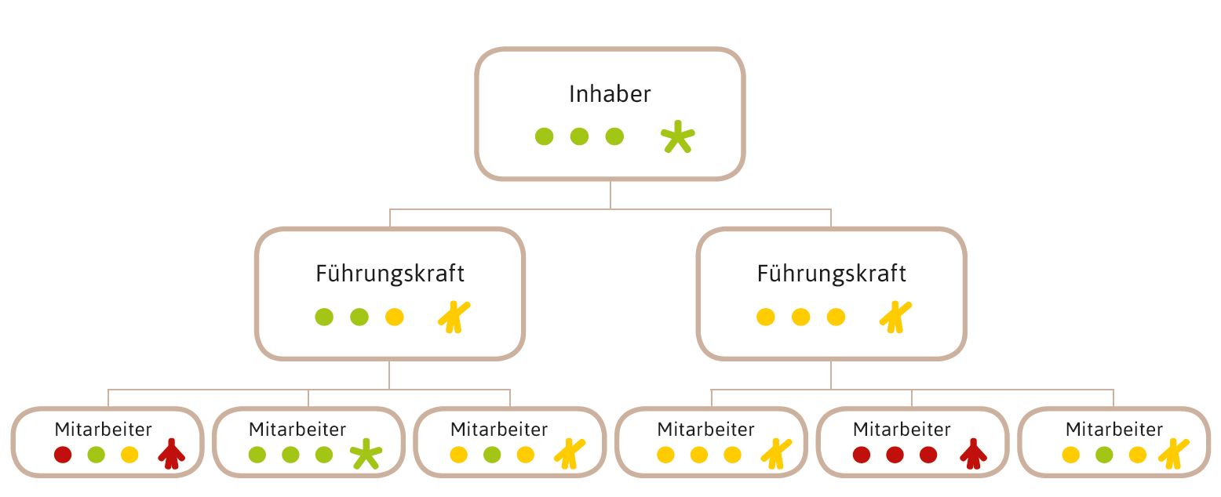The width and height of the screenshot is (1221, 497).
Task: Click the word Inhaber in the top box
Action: point(610,95)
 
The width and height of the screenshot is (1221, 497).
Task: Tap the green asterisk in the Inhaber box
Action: point(677,138)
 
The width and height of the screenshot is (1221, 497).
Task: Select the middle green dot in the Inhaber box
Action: point(579,136)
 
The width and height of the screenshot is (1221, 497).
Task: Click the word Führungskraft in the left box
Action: point(390,274)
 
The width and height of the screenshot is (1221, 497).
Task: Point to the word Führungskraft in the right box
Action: point(831,274)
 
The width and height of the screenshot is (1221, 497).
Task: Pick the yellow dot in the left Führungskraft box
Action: point(395,317)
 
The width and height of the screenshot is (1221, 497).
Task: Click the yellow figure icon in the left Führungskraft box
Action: point(454,317)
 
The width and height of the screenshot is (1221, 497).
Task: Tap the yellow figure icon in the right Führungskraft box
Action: point(895,317)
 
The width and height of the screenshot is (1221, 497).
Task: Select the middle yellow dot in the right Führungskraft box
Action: point(800,317)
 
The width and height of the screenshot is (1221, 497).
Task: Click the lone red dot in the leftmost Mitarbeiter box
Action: point(63,455)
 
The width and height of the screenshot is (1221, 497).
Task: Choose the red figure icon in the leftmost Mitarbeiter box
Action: point(171,455)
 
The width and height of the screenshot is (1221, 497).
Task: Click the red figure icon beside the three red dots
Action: point(974,455)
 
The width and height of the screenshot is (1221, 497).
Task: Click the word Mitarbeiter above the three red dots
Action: point(902,430)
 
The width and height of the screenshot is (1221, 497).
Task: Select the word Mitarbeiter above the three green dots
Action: point(297,430)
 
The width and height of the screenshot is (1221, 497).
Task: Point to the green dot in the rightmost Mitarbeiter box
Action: point(1103,455)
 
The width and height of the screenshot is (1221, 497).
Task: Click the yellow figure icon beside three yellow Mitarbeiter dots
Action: point(775,455)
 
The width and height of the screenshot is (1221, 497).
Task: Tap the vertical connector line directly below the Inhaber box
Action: point(610,194)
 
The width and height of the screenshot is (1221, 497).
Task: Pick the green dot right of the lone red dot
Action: point(97,455)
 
